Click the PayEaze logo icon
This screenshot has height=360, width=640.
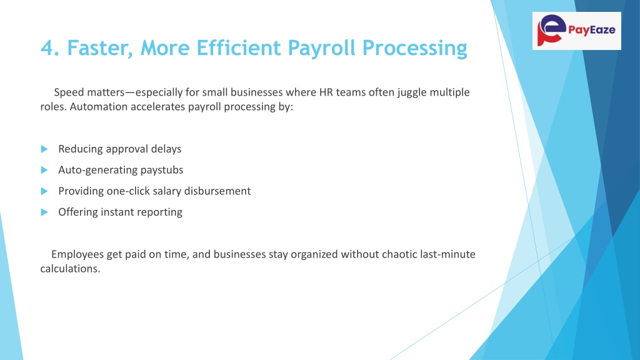(551, 30)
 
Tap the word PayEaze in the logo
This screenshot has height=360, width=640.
(591, 30)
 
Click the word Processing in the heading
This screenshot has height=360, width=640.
(415, 49)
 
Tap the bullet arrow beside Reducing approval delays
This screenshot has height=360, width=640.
(44, 149)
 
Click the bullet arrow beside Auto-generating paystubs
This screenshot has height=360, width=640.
(44, 170)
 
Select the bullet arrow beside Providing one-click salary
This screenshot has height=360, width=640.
(44, 191)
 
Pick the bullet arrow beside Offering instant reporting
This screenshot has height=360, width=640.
(44, 212)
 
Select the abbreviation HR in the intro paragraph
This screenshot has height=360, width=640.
(326, 92)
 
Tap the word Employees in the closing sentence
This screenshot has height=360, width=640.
(77, 255)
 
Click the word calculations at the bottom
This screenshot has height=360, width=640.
(70, 269)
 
